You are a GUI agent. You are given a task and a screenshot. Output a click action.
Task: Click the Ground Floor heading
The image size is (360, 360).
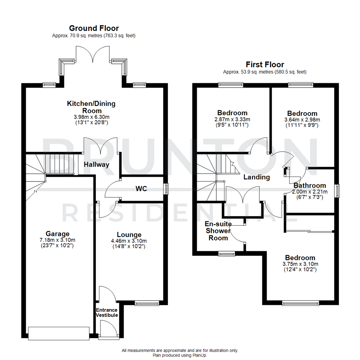tap(94, 28)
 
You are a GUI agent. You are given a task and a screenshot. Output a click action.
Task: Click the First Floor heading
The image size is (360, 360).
tap(265, 64)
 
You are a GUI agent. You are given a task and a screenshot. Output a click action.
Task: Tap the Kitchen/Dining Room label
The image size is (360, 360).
tap(91, 107)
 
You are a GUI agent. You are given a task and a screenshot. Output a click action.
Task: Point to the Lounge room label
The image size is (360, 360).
tap(129, 235)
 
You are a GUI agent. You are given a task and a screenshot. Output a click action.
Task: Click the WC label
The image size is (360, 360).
tap(141, 189)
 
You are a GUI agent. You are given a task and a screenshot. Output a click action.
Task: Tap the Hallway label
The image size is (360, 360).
tap(96, 164)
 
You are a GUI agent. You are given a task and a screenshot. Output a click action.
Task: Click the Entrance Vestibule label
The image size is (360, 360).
tap(107, 312)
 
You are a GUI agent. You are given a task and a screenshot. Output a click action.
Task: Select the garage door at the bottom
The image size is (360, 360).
tap(59, 333)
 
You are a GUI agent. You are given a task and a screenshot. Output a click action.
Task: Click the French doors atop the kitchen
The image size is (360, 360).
tap(94, 54)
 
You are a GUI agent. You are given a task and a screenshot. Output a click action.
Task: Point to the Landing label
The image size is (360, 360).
tap(256, 177)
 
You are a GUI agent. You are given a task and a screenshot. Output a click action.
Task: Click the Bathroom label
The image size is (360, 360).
tap(310, 186)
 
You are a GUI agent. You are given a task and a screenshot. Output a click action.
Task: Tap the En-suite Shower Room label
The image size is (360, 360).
tap(218, 231)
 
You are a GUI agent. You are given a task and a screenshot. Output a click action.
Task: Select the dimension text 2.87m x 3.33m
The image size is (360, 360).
tap(232, 120)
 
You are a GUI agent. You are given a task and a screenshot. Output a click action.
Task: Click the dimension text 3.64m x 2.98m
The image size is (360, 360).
tap(302, 120)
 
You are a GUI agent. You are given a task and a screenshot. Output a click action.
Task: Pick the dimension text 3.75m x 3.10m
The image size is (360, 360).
tap(300, 264)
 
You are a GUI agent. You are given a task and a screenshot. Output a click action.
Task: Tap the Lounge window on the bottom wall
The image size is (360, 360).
tap(147, 303)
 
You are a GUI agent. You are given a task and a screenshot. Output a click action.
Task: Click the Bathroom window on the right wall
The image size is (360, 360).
tap(337, 191)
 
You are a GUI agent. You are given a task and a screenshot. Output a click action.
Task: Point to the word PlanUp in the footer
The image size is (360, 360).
tap(200, 355)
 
